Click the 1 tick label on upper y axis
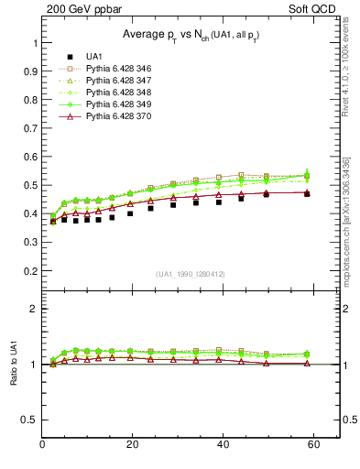click(34, 43)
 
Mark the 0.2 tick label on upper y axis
click(29, 270)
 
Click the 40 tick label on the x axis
click(223, 445)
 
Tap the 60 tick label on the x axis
click(312, 445)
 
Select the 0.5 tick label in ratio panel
click(29, 420)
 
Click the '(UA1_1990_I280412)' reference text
click(191, 274)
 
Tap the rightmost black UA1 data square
click(306, 193)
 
